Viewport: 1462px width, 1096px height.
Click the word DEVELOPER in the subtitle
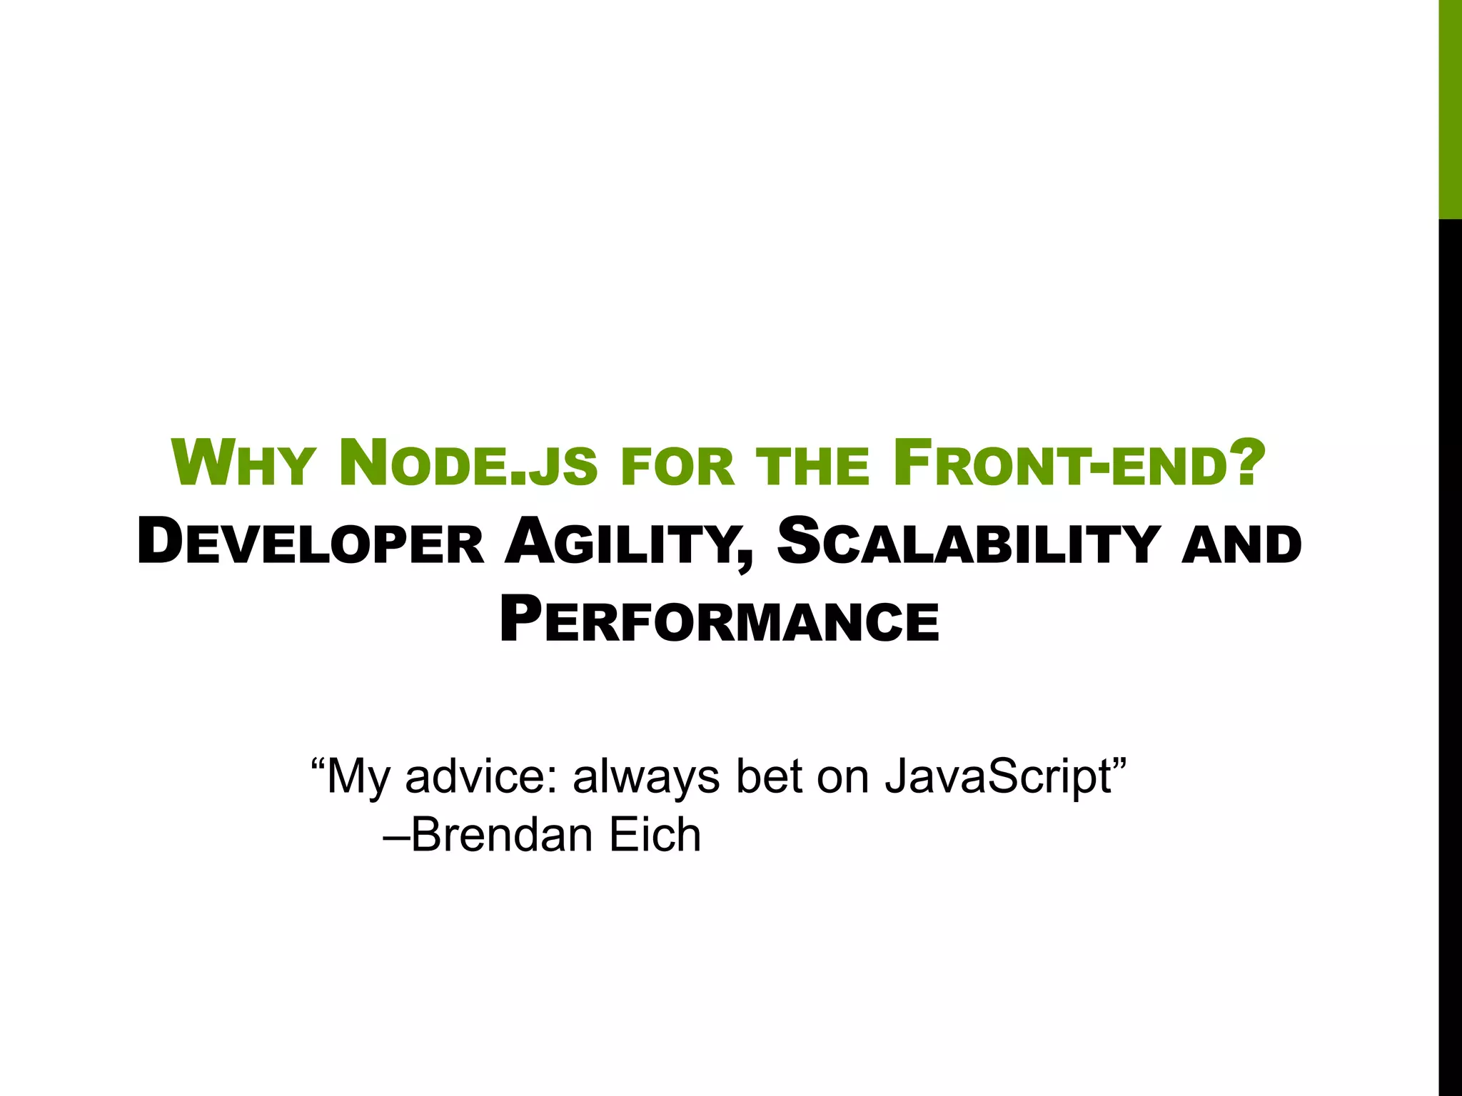point(311,543)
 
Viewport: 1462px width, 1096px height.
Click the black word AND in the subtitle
point(1241,546)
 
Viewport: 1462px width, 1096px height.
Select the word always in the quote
point(646,776)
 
